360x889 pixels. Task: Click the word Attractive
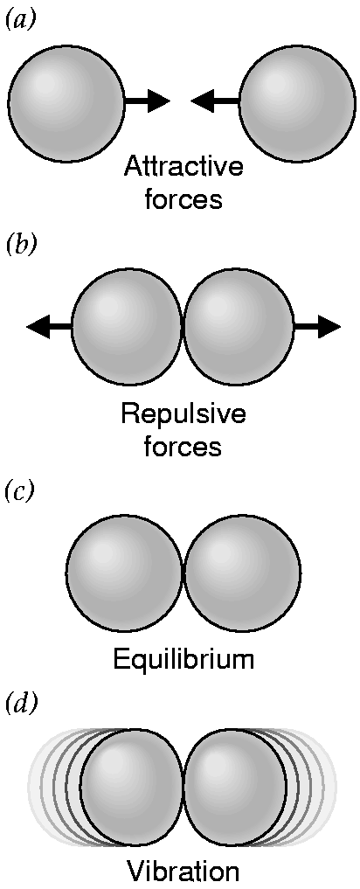[183, 168]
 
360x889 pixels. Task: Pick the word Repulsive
[183, 416]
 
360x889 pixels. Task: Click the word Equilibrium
[183, 659]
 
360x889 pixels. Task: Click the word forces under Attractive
[183, 199]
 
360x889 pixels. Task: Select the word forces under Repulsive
[183, 447]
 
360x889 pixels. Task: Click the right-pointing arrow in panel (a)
[146, 101]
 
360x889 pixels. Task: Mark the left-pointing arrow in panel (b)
[50, 327]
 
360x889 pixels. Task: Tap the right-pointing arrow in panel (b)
[317, 327]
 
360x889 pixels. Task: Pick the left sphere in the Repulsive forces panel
[128, 327]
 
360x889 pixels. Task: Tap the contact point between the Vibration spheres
[183, 785]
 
